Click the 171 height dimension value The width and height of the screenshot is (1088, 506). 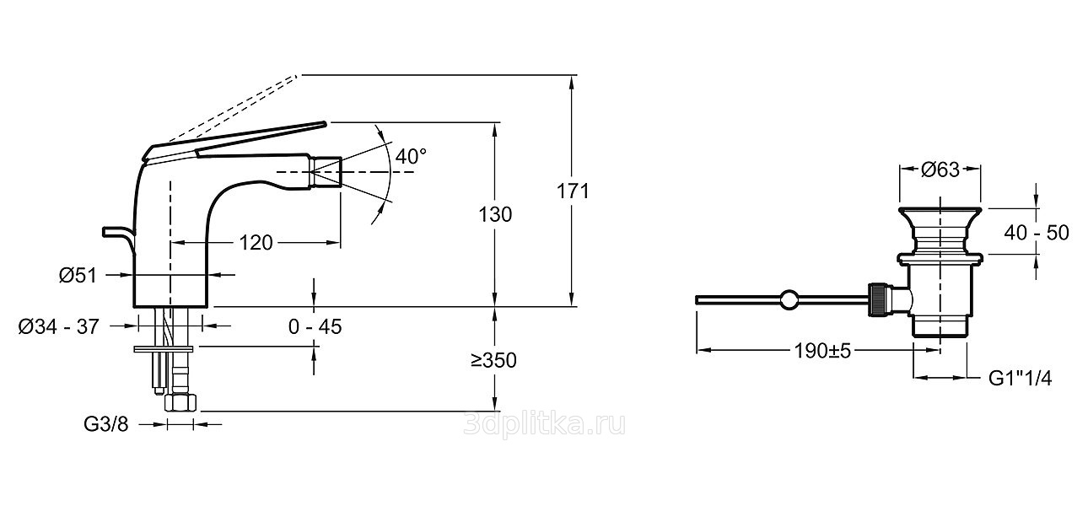[573, 191]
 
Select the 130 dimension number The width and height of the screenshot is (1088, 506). [495, 215]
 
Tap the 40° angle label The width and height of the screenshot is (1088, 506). [411, 156]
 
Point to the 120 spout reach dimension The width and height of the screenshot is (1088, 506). [256, 242]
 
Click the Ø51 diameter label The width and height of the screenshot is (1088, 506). [78, 275]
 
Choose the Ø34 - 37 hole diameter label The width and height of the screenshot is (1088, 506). [59, 327]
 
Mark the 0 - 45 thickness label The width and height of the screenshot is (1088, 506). [315, 327]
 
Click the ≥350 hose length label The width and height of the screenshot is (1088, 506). [493, 360]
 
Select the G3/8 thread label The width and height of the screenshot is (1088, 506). [106, 424]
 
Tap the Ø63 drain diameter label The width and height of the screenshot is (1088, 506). [940, 170]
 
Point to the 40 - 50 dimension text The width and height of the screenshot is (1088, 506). [1037, 233]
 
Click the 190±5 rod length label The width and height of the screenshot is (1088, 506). [822, 350]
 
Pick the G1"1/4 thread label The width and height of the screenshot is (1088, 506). [1021, 379]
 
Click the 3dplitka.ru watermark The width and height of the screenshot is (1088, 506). [545, 425]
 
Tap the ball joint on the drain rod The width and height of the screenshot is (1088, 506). [789, 299]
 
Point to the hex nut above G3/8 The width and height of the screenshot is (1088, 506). [181, 402]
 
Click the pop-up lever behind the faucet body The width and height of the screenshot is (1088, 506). [119, 239]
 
